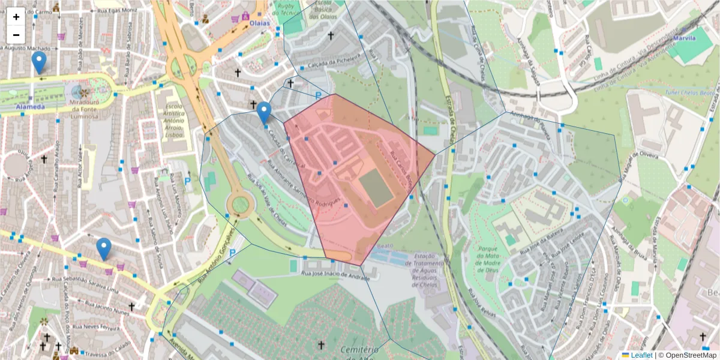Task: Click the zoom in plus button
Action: pyautogui.click(x=16, y=16)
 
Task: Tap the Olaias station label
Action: pyautogui.click(x=260, y=23)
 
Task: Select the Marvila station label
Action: pyautogui.click(x=684, y=38)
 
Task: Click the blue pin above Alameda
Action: pyautogui.click(x=39, y=62)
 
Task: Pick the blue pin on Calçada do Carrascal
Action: pyautogui.click(x=264, y=112)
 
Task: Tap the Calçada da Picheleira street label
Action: pyautogui.click(x=334, y=60)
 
